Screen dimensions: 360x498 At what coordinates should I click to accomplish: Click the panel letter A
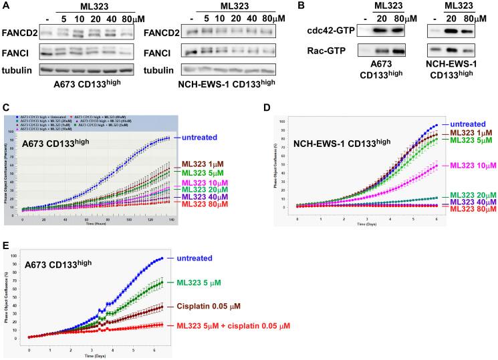[x=5, y=6]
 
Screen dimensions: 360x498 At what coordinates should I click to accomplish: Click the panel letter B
[x=320, y=6]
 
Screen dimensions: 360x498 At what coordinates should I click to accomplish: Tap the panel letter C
[x=5, y=108]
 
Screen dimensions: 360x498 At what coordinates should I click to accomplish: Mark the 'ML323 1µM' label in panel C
[x=202, y=164]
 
